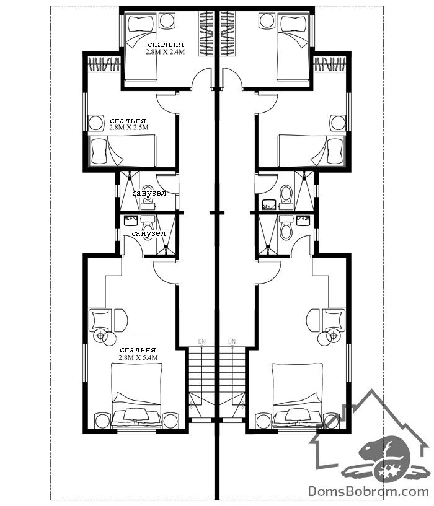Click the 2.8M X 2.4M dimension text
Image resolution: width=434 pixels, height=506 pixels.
coord(165,51)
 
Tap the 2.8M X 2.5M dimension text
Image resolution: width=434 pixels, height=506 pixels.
coord(129,127)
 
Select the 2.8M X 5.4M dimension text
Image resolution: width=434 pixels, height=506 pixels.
coord(138,357)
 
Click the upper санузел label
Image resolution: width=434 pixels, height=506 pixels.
coord(149,193)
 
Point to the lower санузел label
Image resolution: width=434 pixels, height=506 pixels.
coord(149,233)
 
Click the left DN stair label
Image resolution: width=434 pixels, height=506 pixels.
coord(202,341)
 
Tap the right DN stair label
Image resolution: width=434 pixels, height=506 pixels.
coord(232,341)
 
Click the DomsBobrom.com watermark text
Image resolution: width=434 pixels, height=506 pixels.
coord(368,492)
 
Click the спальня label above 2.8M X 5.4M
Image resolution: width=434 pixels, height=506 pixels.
coord(138,350)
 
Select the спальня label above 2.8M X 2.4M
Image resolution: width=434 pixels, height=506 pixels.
coord(166,44)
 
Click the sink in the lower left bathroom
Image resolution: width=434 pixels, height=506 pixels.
coord(131,221)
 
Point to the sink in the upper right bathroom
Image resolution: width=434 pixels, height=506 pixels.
coord(269,204)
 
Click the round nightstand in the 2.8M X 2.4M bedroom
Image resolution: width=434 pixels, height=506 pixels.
coord(168,21)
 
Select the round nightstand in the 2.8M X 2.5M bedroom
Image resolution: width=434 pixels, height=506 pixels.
coord(96,123)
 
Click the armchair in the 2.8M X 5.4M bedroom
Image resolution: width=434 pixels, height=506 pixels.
coord(100,320)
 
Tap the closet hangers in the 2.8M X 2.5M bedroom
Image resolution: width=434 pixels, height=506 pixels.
coord(104,64)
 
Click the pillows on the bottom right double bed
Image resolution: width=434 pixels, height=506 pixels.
coord(296,416)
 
